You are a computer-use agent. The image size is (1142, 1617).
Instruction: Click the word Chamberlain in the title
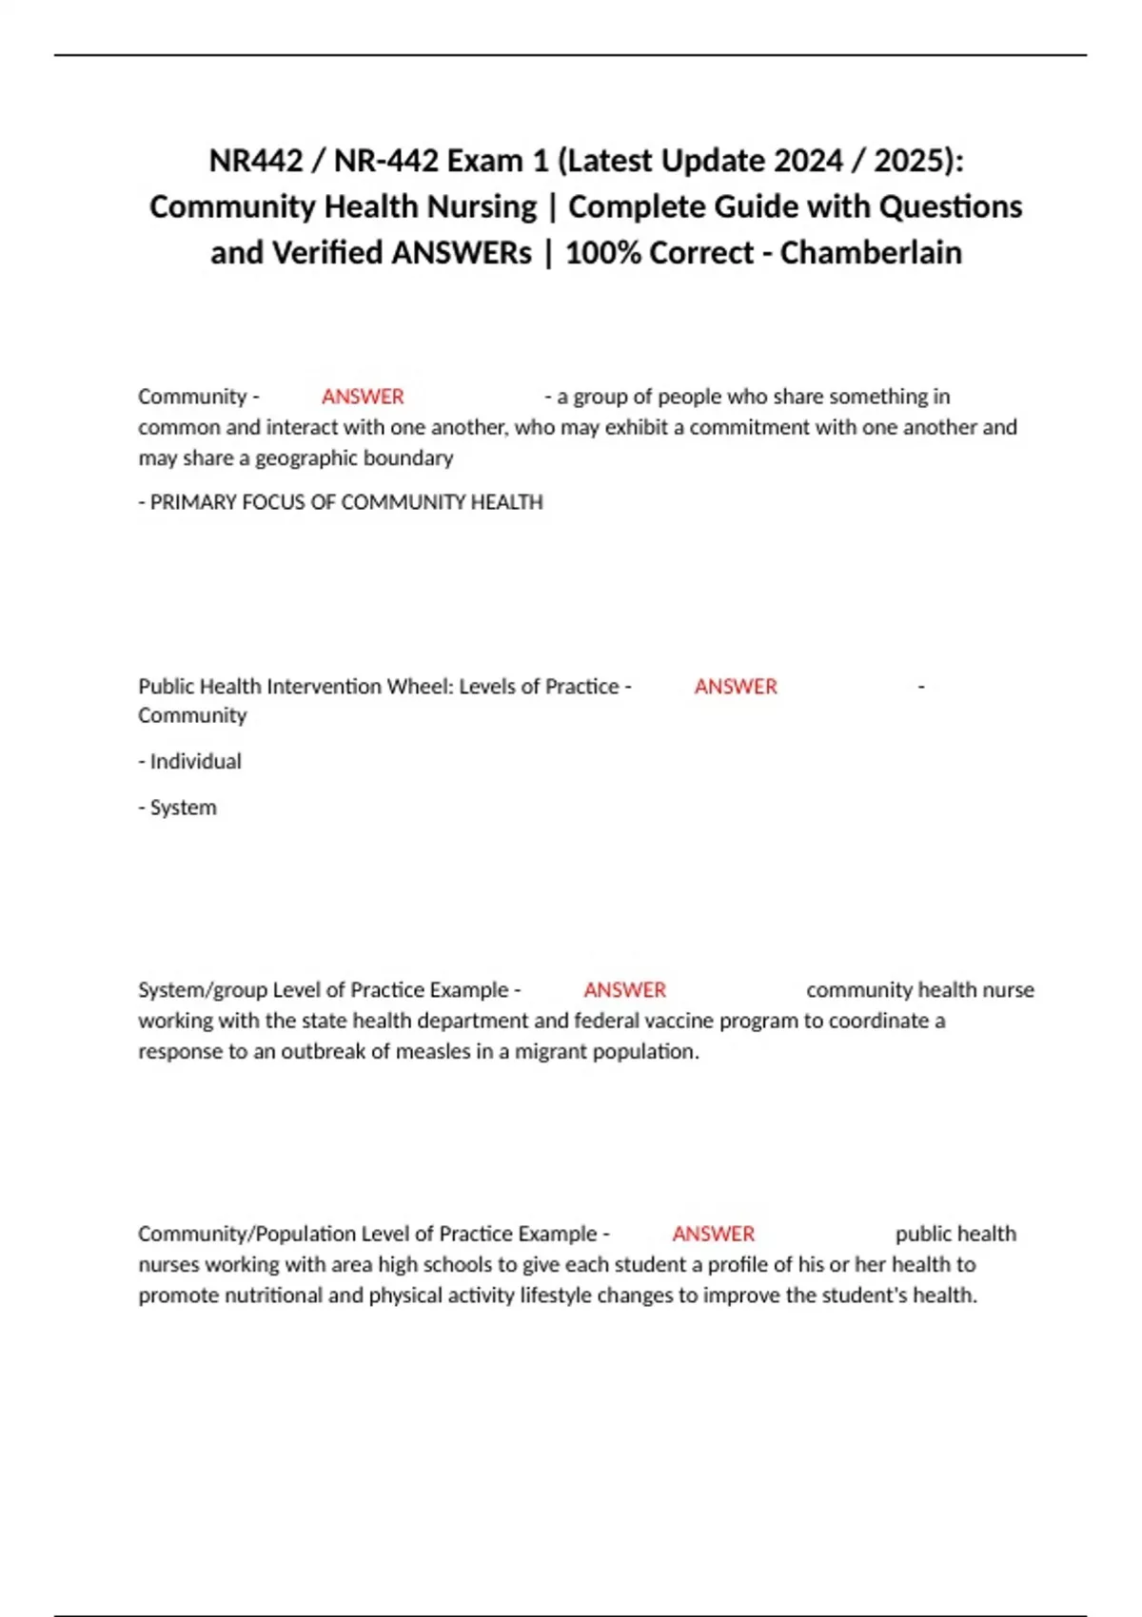[x=871, y=253]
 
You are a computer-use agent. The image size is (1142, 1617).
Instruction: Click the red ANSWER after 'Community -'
[x=363, y=397]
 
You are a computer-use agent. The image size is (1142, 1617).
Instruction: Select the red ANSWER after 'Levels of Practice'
[x=736, y=687]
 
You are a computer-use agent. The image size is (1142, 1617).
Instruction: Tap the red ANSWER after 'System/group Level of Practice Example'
[x=624, y=990]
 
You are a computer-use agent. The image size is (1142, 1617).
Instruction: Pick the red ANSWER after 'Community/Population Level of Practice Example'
[x=713, y=1234]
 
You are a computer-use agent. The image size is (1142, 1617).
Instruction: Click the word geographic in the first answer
[x=299, y=458]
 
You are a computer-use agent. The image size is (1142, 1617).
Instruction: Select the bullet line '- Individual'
[x=190, y=762]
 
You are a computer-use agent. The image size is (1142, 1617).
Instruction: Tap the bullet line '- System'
[x=178, y=808]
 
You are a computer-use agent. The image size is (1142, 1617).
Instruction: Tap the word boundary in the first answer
[x=413, y=458]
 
